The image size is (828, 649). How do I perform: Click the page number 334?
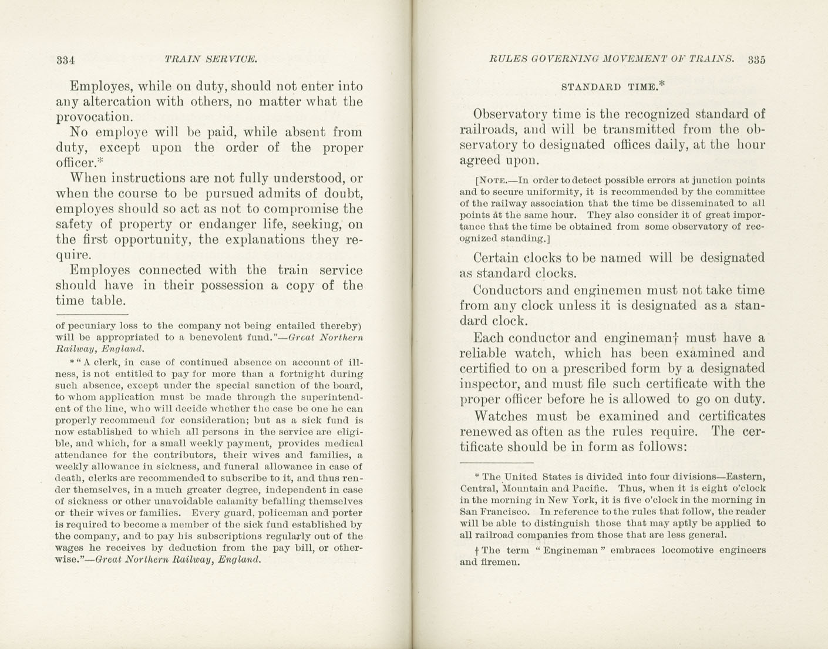click(x=65, y=59)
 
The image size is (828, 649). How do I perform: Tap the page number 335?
click(x=757, y=59)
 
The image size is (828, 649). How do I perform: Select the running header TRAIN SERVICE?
click(x=211, y=59)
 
